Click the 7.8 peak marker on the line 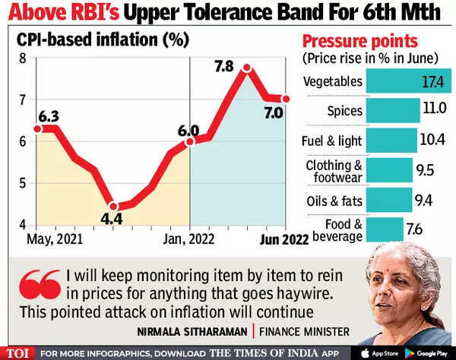pos(247,68)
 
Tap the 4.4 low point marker pos(114,207)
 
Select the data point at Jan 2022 pos(189,142)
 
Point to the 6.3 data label pos(49,116)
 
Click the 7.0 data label pos(274,112)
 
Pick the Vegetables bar pos(409,81)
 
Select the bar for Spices pos(393,110)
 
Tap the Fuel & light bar pos(391,141)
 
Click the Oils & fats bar pos(389,200)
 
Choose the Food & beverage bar pos(385,229)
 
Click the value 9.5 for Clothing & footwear pos(425,170)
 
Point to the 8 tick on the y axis pos(23,58)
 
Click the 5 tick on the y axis pos(23,184)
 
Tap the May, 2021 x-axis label pos(55,239)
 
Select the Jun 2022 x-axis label pos(284,240)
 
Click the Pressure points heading pos(360,41)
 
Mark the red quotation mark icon pos(40,284)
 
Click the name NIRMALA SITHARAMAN pos(192,332)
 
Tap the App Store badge pos(379,353)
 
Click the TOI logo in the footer pos(17,354)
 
